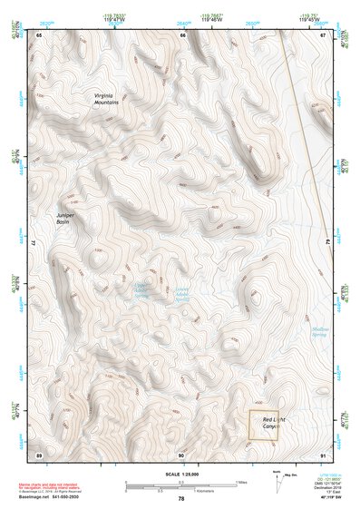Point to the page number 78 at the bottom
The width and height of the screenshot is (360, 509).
click(181, 499)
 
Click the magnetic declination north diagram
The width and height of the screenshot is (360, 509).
click(277, 480)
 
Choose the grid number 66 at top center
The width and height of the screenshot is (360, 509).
click(182, 35)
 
